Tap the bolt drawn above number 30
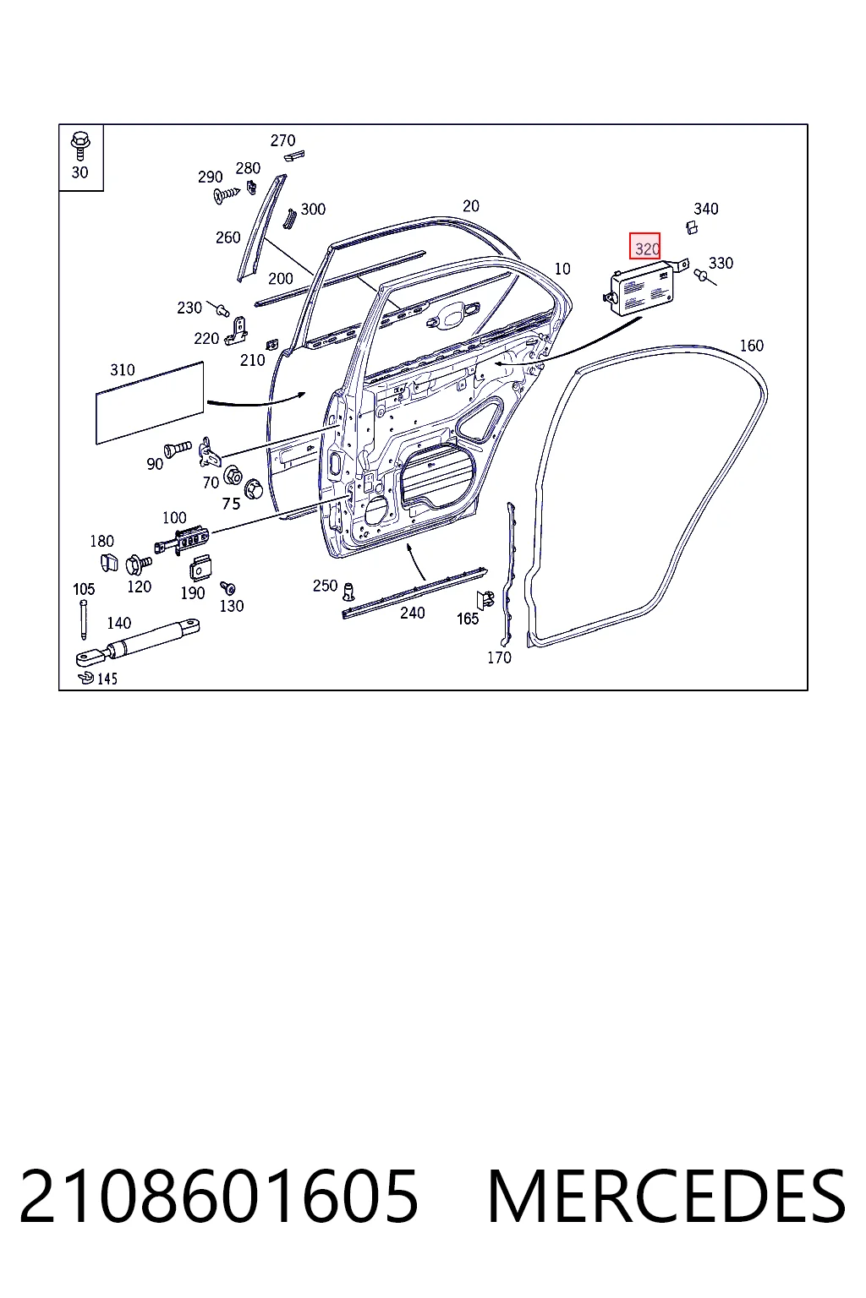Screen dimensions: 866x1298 (x=80, y=146)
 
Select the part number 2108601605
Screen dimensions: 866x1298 (x=219, y=1197)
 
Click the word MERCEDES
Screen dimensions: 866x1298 (x=666, y=1197)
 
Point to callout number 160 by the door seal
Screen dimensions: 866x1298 (x=751, y=346)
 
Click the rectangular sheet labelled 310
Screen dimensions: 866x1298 (x=150, y=403)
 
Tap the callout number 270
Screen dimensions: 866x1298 (x=282, y=140)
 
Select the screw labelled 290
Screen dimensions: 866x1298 (x=226, y=194)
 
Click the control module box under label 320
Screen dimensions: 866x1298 (x=643, y=288)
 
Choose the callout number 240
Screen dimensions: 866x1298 (x=413, y=613)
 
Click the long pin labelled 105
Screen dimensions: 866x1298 (x=84, y=619)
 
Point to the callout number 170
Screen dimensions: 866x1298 (x=499, y=657)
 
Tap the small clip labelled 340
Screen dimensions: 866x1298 (x=692, y=227)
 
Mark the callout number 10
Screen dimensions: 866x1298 (x=562, y=269)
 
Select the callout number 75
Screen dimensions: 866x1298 (x=231, y=504)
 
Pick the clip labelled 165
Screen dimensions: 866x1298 (x=485, y=600)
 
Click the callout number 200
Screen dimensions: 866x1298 (x=280, y=279)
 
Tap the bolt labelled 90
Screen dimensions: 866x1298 (x=178, y=449)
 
